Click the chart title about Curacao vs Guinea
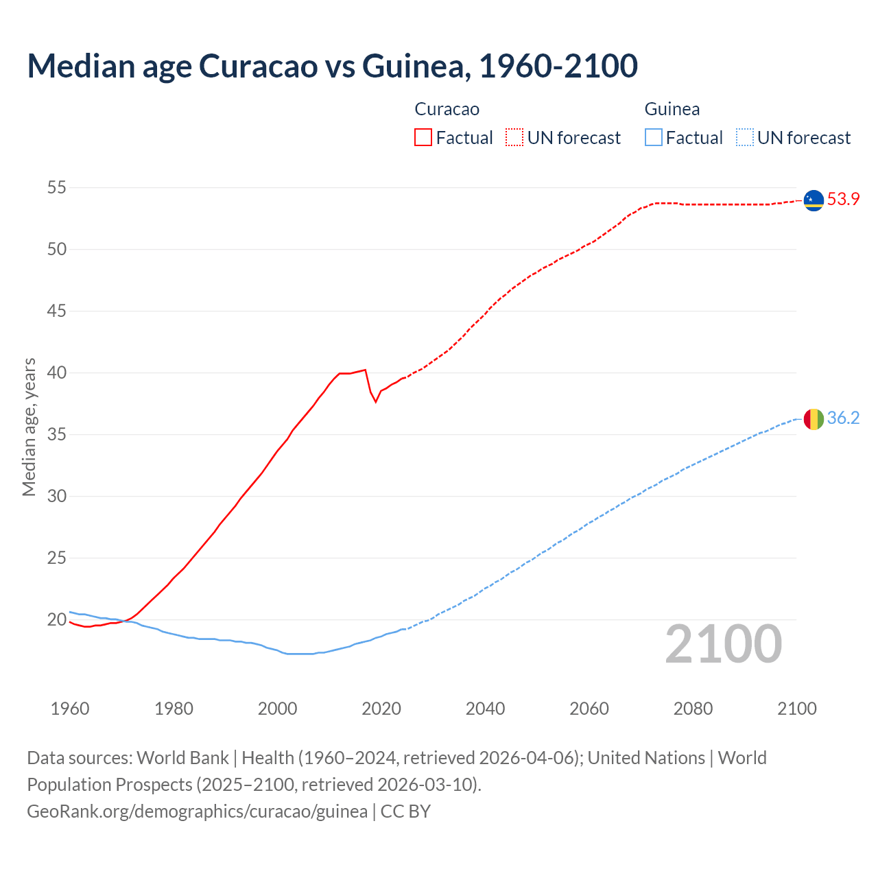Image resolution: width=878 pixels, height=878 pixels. (x=333, y=66)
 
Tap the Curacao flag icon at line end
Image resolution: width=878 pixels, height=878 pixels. (x=814, y=200)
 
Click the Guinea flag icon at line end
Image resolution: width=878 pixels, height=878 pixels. (x=814, y=419)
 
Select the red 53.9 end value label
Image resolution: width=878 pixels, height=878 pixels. (x=843, y=200)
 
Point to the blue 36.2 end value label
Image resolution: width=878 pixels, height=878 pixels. (x=843, y=418)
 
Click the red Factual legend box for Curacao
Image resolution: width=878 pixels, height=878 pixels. (x=423, y=138)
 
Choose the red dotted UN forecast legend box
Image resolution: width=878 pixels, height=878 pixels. (x=514, y=138)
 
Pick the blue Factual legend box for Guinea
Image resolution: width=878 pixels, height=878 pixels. (x=654, y=138)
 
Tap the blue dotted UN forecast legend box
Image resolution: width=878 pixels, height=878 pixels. (x=745, y=138)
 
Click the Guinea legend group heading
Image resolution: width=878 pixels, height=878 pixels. (x=672, y=109)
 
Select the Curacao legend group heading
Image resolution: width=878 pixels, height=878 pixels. (x=447, y=109)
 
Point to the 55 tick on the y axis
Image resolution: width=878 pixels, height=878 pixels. (x=57, y=187)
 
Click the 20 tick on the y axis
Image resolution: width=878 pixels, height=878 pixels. (x=57, y=619)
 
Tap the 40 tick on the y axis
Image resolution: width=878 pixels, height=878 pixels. (x=57, y=372)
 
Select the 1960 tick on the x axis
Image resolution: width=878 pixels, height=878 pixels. (x=70, y=709)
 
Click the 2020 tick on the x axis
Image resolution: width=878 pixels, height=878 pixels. (x=381, y=709)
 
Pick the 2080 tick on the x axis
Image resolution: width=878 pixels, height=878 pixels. (x=693, y=709)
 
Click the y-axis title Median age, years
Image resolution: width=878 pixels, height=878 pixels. (x=29, y=427)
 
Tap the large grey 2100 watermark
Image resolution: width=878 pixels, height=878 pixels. (x=723, y=644)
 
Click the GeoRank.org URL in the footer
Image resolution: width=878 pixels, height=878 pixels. (x=197, y=811)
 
